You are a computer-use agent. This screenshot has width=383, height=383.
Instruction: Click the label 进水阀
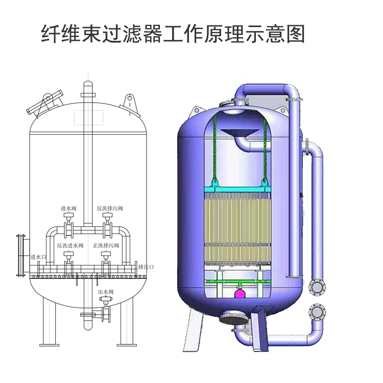(68, 208)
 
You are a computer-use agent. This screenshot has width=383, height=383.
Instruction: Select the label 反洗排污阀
(110, 208)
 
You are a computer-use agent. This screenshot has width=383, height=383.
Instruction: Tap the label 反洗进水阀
(70, 246)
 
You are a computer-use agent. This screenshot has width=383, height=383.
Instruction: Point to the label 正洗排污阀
(106, 246)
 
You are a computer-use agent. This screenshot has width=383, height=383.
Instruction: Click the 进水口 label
(39, 257)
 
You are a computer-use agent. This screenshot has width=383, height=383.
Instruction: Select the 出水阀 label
(106, 292)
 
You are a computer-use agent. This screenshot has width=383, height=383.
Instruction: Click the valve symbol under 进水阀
(67, 221)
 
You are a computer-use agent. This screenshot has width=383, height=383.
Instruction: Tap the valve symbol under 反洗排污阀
(107, 221)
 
